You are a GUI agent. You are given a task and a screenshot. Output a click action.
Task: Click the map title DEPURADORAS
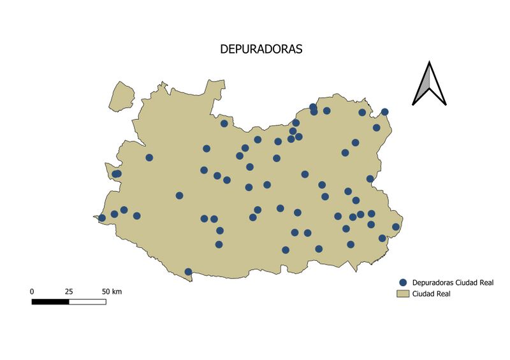(x=261, y=49)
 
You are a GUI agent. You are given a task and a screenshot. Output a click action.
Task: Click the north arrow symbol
(x=429, y=83)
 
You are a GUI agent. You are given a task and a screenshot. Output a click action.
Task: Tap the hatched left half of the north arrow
(x=423, y=86)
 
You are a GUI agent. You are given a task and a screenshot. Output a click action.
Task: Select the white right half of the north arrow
(x=435, y=86)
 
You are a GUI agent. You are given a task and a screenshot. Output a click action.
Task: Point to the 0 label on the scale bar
(x=32, y=291)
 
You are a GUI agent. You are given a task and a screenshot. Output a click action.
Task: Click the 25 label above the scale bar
(x=69, y=291)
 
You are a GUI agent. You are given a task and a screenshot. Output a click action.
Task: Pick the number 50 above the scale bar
(x=106, y=291)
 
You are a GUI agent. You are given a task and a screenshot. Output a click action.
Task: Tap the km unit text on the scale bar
(x=117, y=291)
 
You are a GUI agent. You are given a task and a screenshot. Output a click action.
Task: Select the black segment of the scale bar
(x=50, y=301)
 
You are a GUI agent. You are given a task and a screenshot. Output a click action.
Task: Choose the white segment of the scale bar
(x=87, y=301)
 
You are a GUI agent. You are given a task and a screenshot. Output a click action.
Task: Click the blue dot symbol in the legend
(x=403, y=282)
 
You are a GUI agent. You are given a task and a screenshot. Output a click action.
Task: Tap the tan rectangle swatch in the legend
(x=403, y=294)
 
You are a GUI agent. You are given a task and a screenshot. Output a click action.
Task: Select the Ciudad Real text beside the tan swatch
(x=432, y=294)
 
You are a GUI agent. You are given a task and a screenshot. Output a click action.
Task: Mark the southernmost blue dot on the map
(x=188, y=272)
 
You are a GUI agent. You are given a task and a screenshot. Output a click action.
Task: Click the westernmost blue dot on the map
(x=102, y=218)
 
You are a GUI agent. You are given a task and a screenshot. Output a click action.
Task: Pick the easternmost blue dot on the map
(x=396, y=227)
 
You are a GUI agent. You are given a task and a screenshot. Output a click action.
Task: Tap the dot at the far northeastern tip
(x=385, y=112)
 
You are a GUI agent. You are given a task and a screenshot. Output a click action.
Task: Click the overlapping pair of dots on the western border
(x=117, y=174)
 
